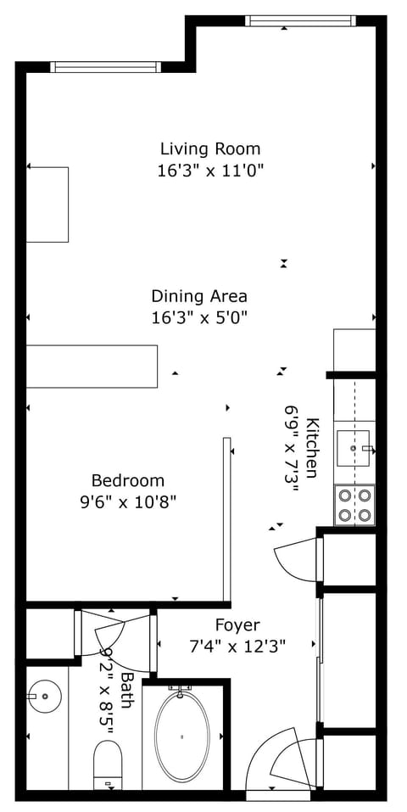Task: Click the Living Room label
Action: point(210,148)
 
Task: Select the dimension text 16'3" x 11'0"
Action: point(210,170)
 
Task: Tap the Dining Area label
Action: point(199,296)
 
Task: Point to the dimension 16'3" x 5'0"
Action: point(199,317)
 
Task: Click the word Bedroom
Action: point(128,480)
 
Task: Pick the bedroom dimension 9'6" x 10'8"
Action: point(128,501)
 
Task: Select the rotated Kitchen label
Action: point(312,448)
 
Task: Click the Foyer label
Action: point(237,624)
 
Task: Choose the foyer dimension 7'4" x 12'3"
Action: point(237,646)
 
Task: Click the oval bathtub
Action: point(181,736)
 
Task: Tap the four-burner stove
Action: point(354,505)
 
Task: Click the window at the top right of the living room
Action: point(298,20)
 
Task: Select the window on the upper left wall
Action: point(104,67)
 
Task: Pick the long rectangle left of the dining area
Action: point(92,367)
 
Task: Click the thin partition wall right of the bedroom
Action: point(226,518)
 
